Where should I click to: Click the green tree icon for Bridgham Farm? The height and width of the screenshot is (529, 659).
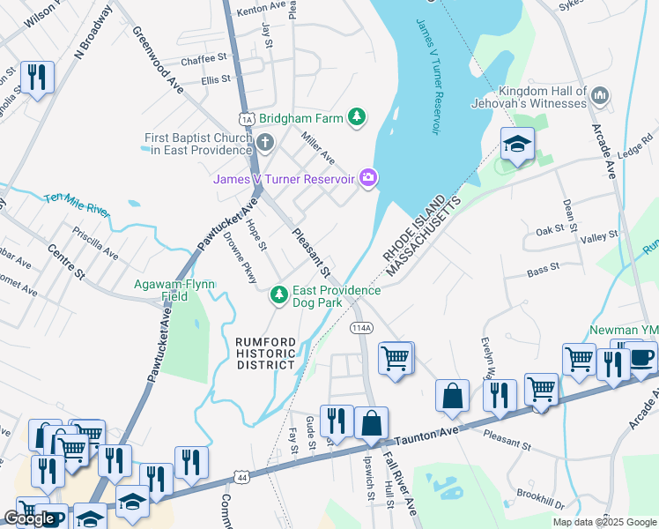click(x=356, y=116)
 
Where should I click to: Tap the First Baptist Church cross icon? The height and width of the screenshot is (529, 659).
click(x=264, y=142)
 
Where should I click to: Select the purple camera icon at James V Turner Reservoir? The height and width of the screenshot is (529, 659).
click(x=368, y=179)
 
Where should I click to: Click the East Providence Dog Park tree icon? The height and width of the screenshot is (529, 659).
click(x=279, y=294)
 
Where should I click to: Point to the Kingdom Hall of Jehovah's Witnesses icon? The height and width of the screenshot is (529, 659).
click(x=600, y=93)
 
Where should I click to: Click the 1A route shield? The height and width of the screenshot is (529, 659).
click(x=246, y=118)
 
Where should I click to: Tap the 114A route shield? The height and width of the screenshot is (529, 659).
click(x=361, y=327)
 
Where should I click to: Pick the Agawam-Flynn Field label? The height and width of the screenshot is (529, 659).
click(x=167, y=291)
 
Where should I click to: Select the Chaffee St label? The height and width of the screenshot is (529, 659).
click(x=204, y=61)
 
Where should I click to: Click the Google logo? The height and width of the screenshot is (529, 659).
click(x=30, y=518)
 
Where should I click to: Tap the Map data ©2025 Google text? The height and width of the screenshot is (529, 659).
click(x=603, y=522)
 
